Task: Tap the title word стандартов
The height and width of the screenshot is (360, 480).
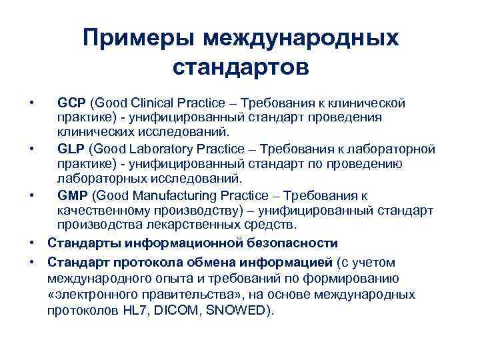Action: (240, 68)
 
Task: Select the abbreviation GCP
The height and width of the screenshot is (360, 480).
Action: (71, 104)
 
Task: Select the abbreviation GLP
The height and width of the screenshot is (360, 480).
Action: (71, 148)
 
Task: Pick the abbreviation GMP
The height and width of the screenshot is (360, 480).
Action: (72, 195)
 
